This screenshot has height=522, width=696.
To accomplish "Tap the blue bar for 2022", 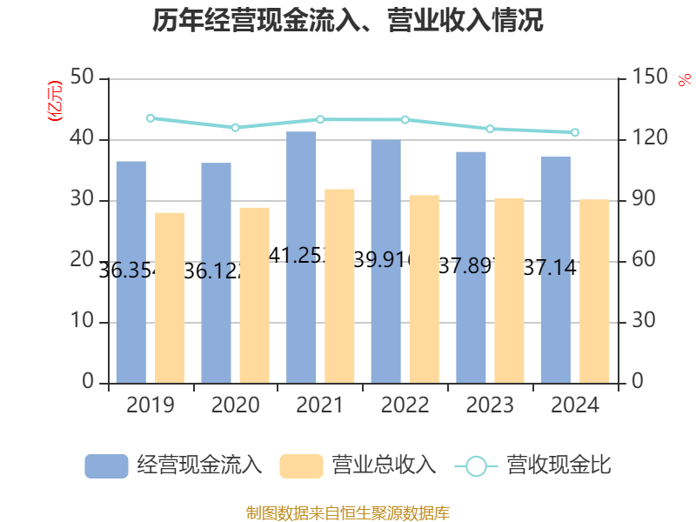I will (x=385, y=261).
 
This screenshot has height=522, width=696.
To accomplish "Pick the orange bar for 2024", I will (x=595, y=291).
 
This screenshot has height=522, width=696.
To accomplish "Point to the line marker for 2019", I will (x=151, y=117).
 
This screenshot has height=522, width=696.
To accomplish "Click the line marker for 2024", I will (x=574, y=132).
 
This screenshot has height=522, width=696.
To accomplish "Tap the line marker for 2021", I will (x=320, y=119).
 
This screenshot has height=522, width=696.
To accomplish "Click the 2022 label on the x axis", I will (x=405, y=405).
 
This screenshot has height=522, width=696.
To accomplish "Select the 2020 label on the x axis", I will (x=235, y=405).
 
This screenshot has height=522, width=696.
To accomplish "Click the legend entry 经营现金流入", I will (x=173, y=465).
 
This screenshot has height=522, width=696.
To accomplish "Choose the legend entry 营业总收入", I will (x=358, y=465).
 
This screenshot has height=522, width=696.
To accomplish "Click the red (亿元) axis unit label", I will (x=54, y=101).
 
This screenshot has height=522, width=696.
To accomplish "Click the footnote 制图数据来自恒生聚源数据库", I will (x=348, y=512).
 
